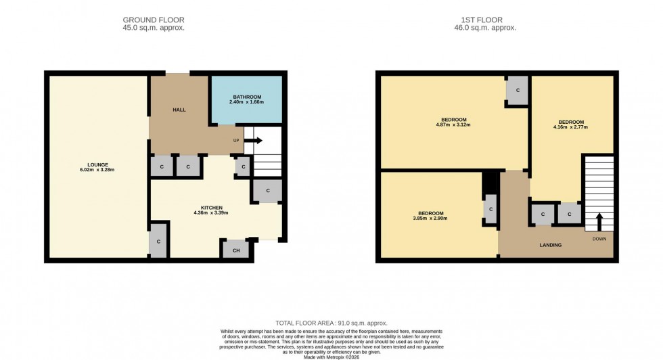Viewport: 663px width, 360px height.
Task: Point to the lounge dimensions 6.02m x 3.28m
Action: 97,170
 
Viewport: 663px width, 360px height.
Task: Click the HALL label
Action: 179,110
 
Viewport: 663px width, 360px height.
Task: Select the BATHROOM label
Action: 247,97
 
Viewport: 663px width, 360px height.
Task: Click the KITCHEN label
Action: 211,207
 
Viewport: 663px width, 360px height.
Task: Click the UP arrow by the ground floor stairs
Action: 252,141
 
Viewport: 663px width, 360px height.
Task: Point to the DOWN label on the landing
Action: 599,239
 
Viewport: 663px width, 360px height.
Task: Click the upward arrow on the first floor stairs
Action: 599,221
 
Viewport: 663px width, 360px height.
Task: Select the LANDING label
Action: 550,245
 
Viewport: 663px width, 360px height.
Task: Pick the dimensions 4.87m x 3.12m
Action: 453,125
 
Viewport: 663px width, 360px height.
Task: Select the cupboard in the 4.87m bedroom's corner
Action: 518,91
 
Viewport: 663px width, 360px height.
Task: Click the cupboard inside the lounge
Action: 159,242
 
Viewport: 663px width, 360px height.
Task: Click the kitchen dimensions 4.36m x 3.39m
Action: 211,213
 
